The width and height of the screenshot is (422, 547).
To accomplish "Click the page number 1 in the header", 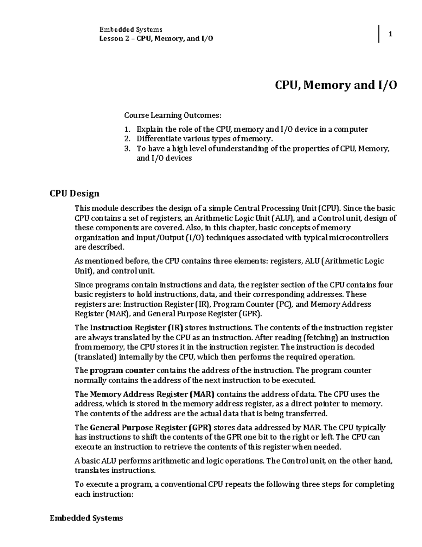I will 390,34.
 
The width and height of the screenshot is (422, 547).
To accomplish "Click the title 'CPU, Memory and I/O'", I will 336,85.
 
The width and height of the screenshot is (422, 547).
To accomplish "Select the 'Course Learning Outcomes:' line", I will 173,115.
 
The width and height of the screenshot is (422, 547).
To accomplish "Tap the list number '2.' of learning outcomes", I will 127,139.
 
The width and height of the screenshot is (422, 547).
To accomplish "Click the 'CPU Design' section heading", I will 75,193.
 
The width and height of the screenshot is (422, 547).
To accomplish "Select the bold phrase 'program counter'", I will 122,371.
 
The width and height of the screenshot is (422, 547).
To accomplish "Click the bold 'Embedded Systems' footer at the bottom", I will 86,518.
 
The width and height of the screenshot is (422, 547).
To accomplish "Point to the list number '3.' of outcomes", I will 127,149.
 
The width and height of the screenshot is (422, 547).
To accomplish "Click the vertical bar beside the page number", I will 379,34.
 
